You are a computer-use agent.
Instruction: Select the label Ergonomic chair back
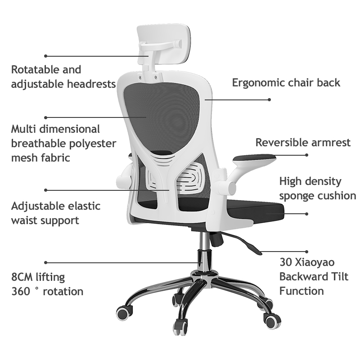pyautogui.click(x=286, y=83)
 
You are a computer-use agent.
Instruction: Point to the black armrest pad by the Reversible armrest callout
pyautogui.click(x=254, y=157)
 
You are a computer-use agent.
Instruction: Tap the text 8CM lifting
pyautogui.click(x=38, y=277)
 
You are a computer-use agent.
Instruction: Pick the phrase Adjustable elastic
pyautogui.click(x=56, y=206)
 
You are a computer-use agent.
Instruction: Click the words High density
pyautogui.click(x=310, y=181)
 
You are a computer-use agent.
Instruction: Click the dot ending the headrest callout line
pyautogui.click(x=45, y=56)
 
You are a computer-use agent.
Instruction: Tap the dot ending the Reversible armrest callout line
pyautogui.click(x=307, y=155)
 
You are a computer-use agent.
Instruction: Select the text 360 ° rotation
pyautogui.click(x=47, y=291)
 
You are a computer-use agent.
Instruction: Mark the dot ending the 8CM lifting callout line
pyautogui.click(x=45, y=262)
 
